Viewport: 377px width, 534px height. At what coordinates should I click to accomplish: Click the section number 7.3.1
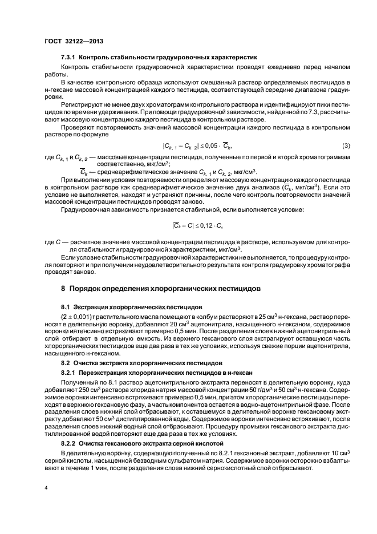(68, 57)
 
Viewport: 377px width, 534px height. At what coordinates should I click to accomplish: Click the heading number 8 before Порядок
(63, 289)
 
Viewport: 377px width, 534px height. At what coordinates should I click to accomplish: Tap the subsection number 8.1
(66, 307)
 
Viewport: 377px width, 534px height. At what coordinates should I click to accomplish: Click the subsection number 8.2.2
(68, 443)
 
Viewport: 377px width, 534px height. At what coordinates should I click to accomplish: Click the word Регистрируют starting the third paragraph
(83, 106)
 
